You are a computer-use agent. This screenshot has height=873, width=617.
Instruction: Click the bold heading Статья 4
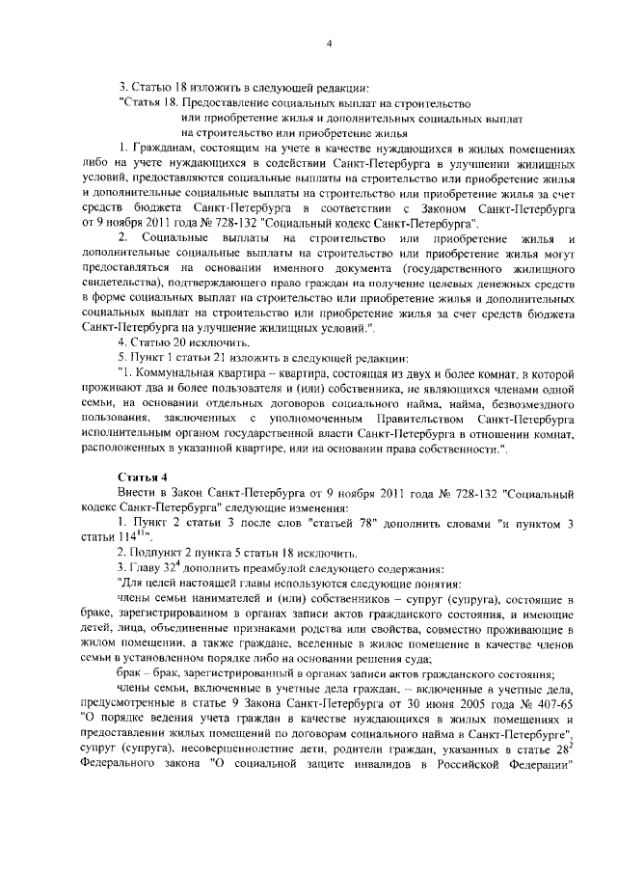click(143, 477)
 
